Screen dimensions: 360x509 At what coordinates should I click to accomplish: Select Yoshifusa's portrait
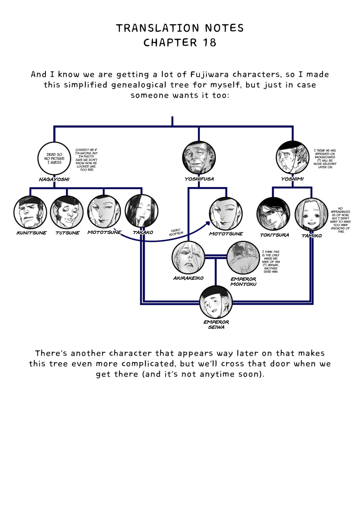click(x=199, y=157)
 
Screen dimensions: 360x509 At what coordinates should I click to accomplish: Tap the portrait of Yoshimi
click(x=293, y=157)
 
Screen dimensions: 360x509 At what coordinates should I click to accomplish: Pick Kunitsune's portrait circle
click(x=30, y=212)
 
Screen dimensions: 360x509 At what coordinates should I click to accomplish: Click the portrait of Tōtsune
click(x=67, y=212)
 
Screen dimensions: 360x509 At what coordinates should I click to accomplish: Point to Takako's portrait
click(x=141, y=211)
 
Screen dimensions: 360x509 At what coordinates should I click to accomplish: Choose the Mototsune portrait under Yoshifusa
click(x=226, y=213)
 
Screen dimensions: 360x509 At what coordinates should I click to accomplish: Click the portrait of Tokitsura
click(x=273, y=214)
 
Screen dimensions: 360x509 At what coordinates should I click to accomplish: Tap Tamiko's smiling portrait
click(x=311, y=214)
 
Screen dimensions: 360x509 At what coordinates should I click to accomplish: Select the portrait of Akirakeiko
click(x=188, y=257)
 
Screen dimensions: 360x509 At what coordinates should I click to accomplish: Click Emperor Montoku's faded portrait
click(x=243, y=258)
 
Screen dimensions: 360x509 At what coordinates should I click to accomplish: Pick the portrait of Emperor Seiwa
click(x=216, y=302)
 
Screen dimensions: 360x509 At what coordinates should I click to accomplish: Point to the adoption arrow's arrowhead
click(x=208, y=223)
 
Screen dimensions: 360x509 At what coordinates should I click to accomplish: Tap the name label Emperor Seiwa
click(x=216, y=324)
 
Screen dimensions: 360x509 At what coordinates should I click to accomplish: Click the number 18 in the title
click(x=209, y=43)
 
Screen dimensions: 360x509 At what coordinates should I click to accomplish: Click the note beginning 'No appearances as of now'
click(x=341, y=220)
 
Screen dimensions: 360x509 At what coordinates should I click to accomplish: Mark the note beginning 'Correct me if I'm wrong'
click(x=86, y=160)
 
